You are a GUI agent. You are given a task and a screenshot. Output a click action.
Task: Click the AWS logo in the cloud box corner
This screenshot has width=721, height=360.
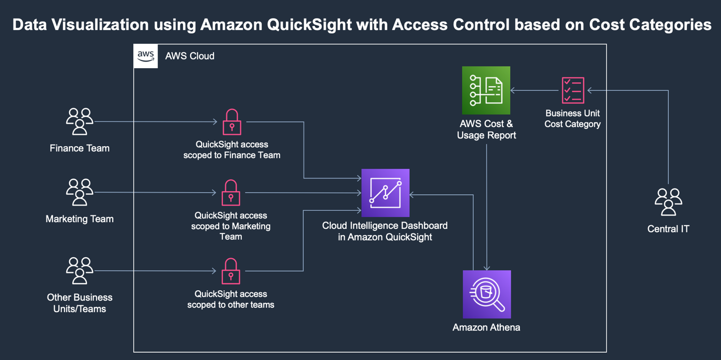pyautogui.click(x=146, y=56)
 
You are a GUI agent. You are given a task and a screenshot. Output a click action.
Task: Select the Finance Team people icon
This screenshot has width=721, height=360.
pyautogui.click(x=80, y=122)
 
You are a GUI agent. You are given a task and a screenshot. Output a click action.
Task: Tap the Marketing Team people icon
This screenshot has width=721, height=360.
pyautogui.click(x=80, y=193)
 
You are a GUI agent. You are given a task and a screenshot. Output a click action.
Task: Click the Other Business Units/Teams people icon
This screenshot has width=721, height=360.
pyautogui.click(x=80, y=271)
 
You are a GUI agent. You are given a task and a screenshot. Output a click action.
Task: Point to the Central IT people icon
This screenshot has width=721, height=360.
pyautogui.click(x=668, y=201)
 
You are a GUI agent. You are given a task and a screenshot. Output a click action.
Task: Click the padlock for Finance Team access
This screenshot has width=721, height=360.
pyautogui.click(x=232, y=122)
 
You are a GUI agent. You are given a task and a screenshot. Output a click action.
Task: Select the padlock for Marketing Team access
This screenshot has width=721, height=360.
pyautogui.click(x=231, y=193)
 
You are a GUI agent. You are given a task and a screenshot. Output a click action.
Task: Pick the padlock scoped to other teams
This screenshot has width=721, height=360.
pyautogui.click(x=231, y=271)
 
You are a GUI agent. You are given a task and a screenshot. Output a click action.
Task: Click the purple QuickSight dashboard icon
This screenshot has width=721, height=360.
pyautogui.click(x=385, y=193)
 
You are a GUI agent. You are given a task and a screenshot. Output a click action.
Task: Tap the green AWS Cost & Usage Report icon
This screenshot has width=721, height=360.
pyautogui.click(x=486, y=90)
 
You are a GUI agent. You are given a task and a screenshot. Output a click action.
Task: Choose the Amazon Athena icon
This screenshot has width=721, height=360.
pyautogui.click(x=486, y=294)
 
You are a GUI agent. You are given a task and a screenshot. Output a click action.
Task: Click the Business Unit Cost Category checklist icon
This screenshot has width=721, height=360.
pyautogui.click(x=573, y=90)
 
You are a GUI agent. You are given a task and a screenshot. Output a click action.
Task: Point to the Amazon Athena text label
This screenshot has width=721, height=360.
pyautogui.click(x=486, y=327)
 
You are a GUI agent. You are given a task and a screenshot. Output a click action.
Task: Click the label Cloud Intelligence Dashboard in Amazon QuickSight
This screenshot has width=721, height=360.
pyautogui.click(x=385, y=231)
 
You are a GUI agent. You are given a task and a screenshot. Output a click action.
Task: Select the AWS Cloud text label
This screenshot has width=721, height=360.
pyautogui.click(x=190, y=56)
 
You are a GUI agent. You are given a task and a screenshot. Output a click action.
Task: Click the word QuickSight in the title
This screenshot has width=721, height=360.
pyautogui.click(x=309, y=24)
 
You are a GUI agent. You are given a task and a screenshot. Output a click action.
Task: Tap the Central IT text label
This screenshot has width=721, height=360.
pyautogui.click(x=668, y=229)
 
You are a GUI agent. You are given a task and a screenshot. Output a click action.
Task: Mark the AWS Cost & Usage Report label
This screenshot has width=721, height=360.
pyautogui.click(x=486, y=130)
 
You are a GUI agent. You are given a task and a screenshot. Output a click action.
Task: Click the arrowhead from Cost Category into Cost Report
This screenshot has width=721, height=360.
pyautogui.click(x=513, y=90)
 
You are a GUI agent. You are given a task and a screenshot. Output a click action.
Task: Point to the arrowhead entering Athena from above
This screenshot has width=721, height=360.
pyautogui.click(x=486, y=268)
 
